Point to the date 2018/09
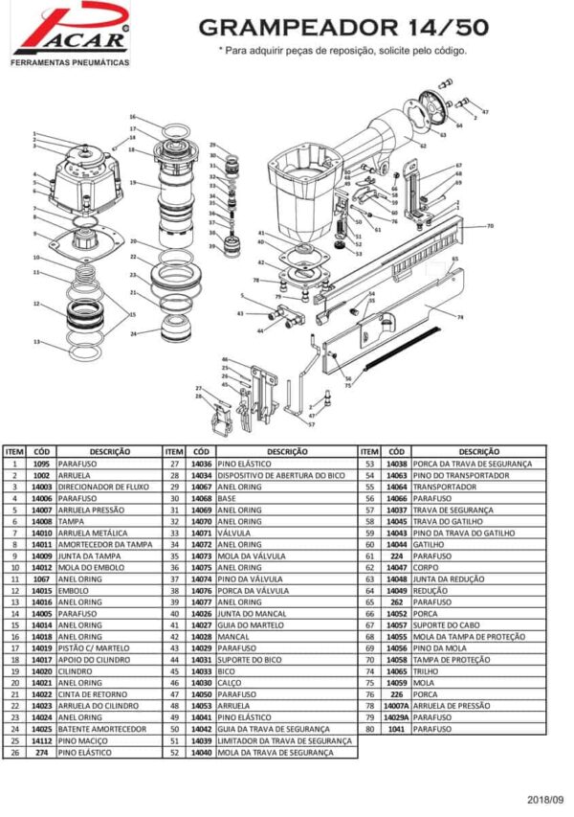[545, 799]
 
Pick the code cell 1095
[41, 464]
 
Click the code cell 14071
[201, 533]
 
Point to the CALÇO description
[230, 683]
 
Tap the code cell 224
[397, 556]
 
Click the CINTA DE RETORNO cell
[93, 694]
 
